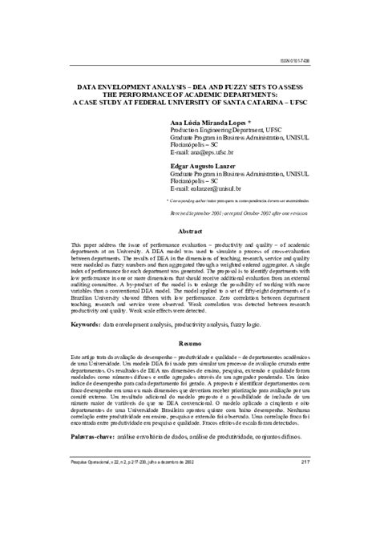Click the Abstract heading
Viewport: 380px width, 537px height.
point(190,230)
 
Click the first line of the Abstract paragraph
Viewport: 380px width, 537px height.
point(190,241)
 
